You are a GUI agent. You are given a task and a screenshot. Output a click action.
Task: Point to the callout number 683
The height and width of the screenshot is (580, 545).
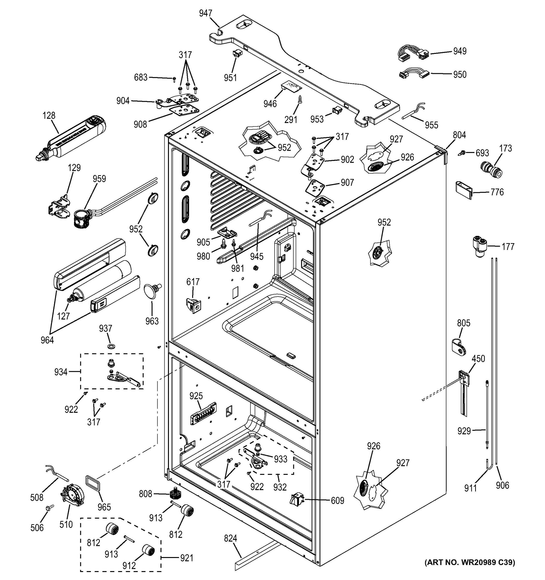point(140,78)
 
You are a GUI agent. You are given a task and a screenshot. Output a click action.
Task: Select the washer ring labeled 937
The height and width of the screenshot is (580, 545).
point(111,346)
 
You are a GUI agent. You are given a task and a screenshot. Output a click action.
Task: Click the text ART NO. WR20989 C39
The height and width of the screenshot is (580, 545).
point(470,562)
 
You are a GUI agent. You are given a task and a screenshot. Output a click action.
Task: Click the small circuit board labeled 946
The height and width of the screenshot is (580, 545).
point(291,86)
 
